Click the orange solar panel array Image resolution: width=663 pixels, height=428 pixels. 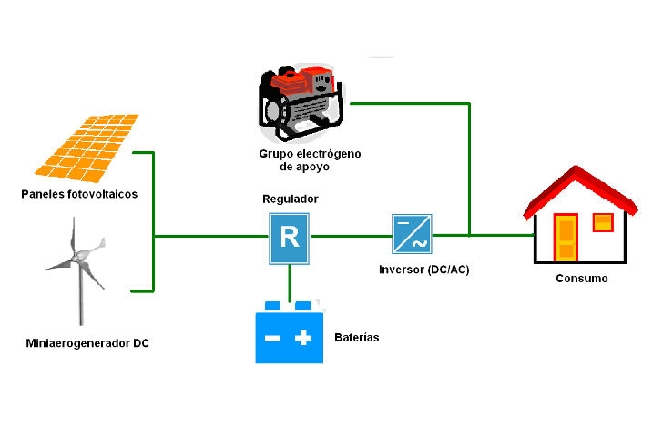[89, 145]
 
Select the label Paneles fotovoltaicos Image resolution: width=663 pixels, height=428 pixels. [80, 194]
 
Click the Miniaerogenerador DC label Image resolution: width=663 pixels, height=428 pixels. [87, 343]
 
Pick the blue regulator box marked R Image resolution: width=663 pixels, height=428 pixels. [290, 239]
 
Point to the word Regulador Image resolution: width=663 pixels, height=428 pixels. [291, 199]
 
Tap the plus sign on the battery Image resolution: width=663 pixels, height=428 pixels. [303, 338]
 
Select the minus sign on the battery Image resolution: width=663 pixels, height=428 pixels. [272, 338]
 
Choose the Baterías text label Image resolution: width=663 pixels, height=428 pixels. [357, 338]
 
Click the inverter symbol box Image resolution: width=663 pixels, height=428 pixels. [413, 234]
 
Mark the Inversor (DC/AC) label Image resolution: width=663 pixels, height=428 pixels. [424, 270]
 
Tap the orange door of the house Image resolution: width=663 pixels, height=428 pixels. [566, 239]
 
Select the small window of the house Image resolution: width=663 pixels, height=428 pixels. [603, 223]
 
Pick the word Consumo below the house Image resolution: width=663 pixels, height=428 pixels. [581, 278]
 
